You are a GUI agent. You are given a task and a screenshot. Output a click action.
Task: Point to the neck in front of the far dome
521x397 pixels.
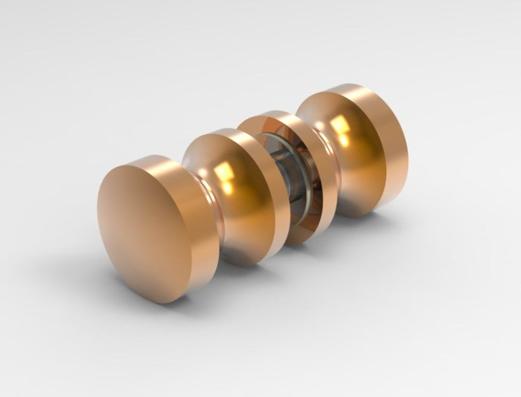(332, 171)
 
